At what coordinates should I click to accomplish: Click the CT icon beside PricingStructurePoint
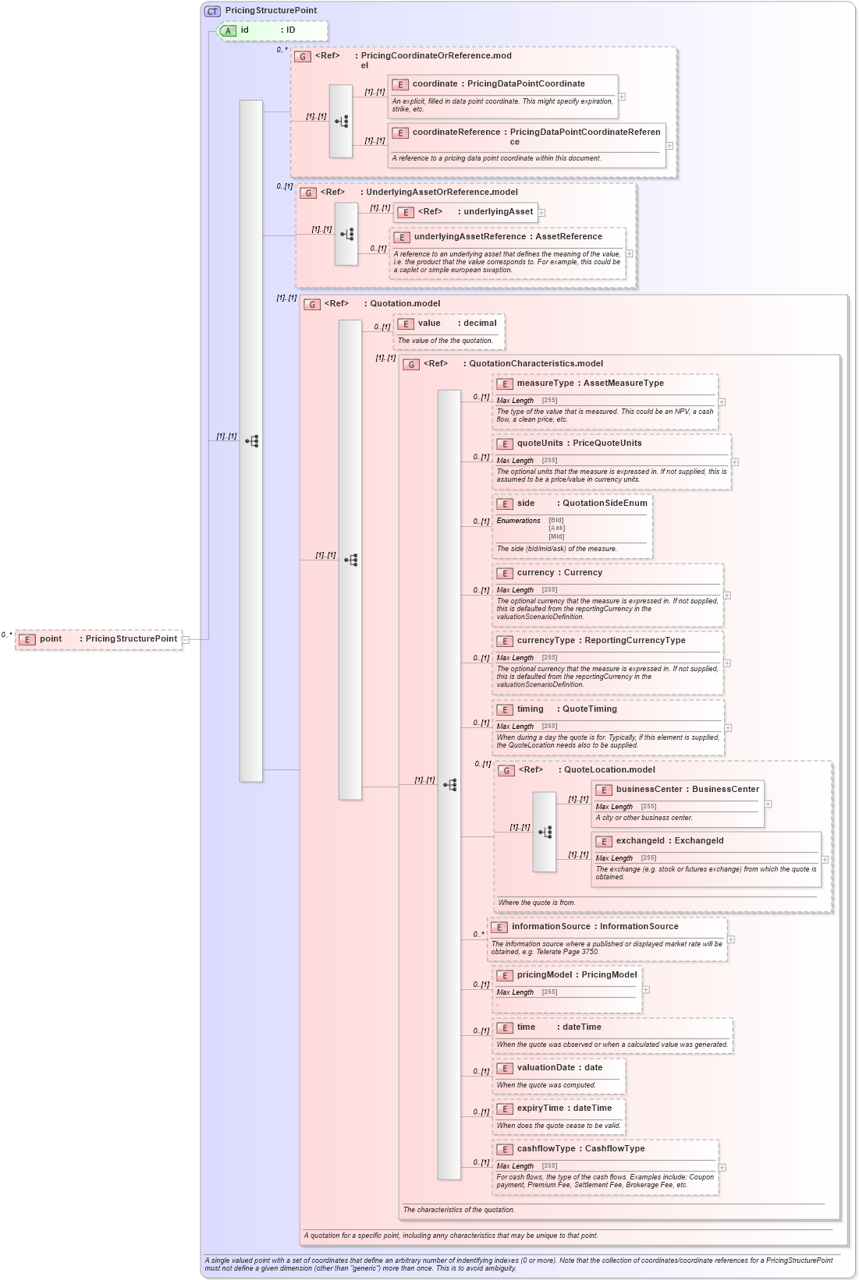(212, 11)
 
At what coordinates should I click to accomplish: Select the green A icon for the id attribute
(228, 31)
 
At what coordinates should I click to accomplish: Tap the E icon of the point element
(27, 639)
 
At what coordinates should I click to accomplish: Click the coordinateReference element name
(456, 133)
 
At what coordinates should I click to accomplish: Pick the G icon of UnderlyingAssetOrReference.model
(308, 193)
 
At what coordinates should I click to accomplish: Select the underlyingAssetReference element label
(470, 237)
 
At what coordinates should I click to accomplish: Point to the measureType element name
(545, 384)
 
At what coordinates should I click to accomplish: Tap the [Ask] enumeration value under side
(556, 529)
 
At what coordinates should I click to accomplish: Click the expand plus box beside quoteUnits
(735, 462)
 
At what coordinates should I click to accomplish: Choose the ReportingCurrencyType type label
(635, 641)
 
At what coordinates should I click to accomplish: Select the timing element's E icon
(505, 710)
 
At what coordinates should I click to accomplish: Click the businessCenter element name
(649, 790)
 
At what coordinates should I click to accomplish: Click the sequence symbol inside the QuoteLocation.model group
(545, 832)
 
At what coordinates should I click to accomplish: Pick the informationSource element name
(551, 927)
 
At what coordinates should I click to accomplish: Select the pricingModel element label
(545, 975)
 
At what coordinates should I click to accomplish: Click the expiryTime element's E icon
(505, 1109)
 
